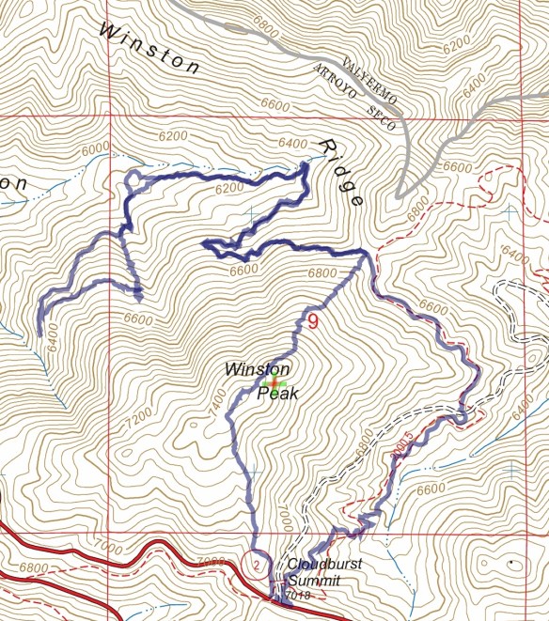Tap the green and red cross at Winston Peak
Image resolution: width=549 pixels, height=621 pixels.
click(274, 383)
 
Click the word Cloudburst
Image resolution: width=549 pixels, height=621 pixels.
click(318, 565)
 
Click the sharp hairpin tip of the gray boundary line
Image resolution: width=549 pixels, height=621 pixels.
click(399, 194)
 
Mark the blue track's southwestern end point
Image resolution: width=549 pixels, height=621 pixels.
click(39, 334)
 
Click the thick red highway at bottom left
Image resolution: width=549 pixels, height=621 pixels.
click(56, 554)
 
